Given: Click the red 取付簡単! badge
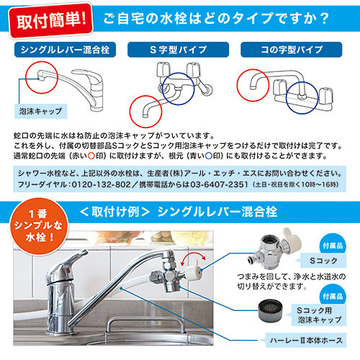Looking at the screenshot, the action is [x=51, y=21].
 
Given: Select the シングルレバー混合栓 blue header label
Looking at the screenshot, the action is [x=65, y=50].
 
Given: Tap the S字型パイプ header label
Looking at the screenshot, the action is [x=178, y=50].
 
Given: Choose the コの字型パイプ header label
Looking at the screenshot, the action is [x=292, y=50].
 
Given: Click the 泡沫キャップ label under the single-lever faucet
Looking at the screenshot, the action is [x=41, y=111].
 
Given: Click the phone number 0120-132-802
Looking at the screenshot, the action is [x=101, y=184].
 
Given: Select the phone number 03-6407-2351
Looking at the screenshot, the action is [x=219, y=184].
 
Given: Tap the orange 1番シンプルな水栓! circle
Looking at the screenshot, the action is [x=39, y=226].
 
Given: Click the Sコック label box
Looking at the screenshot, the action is [x=323, y=261].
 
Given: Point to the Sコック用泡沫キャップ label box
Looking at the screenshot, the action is [x=319, y=315].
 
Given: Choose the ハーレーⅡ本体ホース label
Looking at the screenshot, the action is [x=306, y=340].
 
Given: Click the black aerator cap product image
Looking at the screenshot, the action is [x=270, y=310].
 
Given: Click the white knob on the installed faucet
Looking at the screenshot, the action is [x=193, y=269].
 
